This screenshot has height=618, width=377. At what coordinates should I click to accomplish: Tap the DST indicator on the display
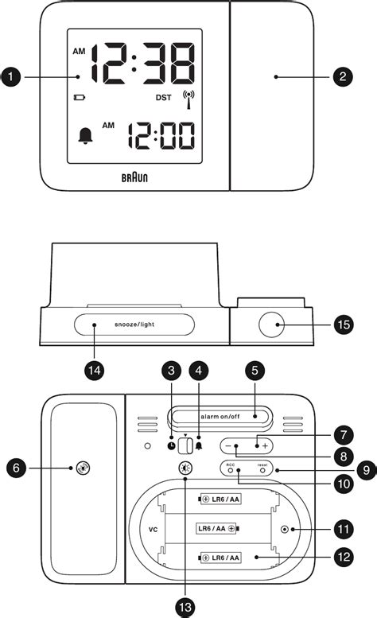coord(162,99)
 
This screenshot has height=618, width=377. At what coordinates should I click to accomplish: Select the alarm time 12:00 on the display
coord(162,135)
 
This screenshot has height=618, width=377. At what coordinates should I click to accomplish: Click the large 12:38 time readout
coord(142,66)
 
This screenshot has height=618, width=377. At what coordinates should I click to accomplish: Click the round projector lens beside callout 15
coord(272,325)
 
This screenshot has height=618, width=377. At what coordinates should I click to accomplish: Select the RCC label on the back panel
coord(231,464)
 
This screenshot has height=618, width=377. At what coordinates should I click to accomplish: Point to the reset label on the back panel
coord(262,464)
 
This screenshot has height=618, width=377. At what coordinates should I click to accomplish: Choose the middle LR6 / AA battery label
coord(217,527)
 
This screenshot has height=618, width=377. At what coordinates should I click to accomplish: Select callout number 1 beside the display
coord(11,76)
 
